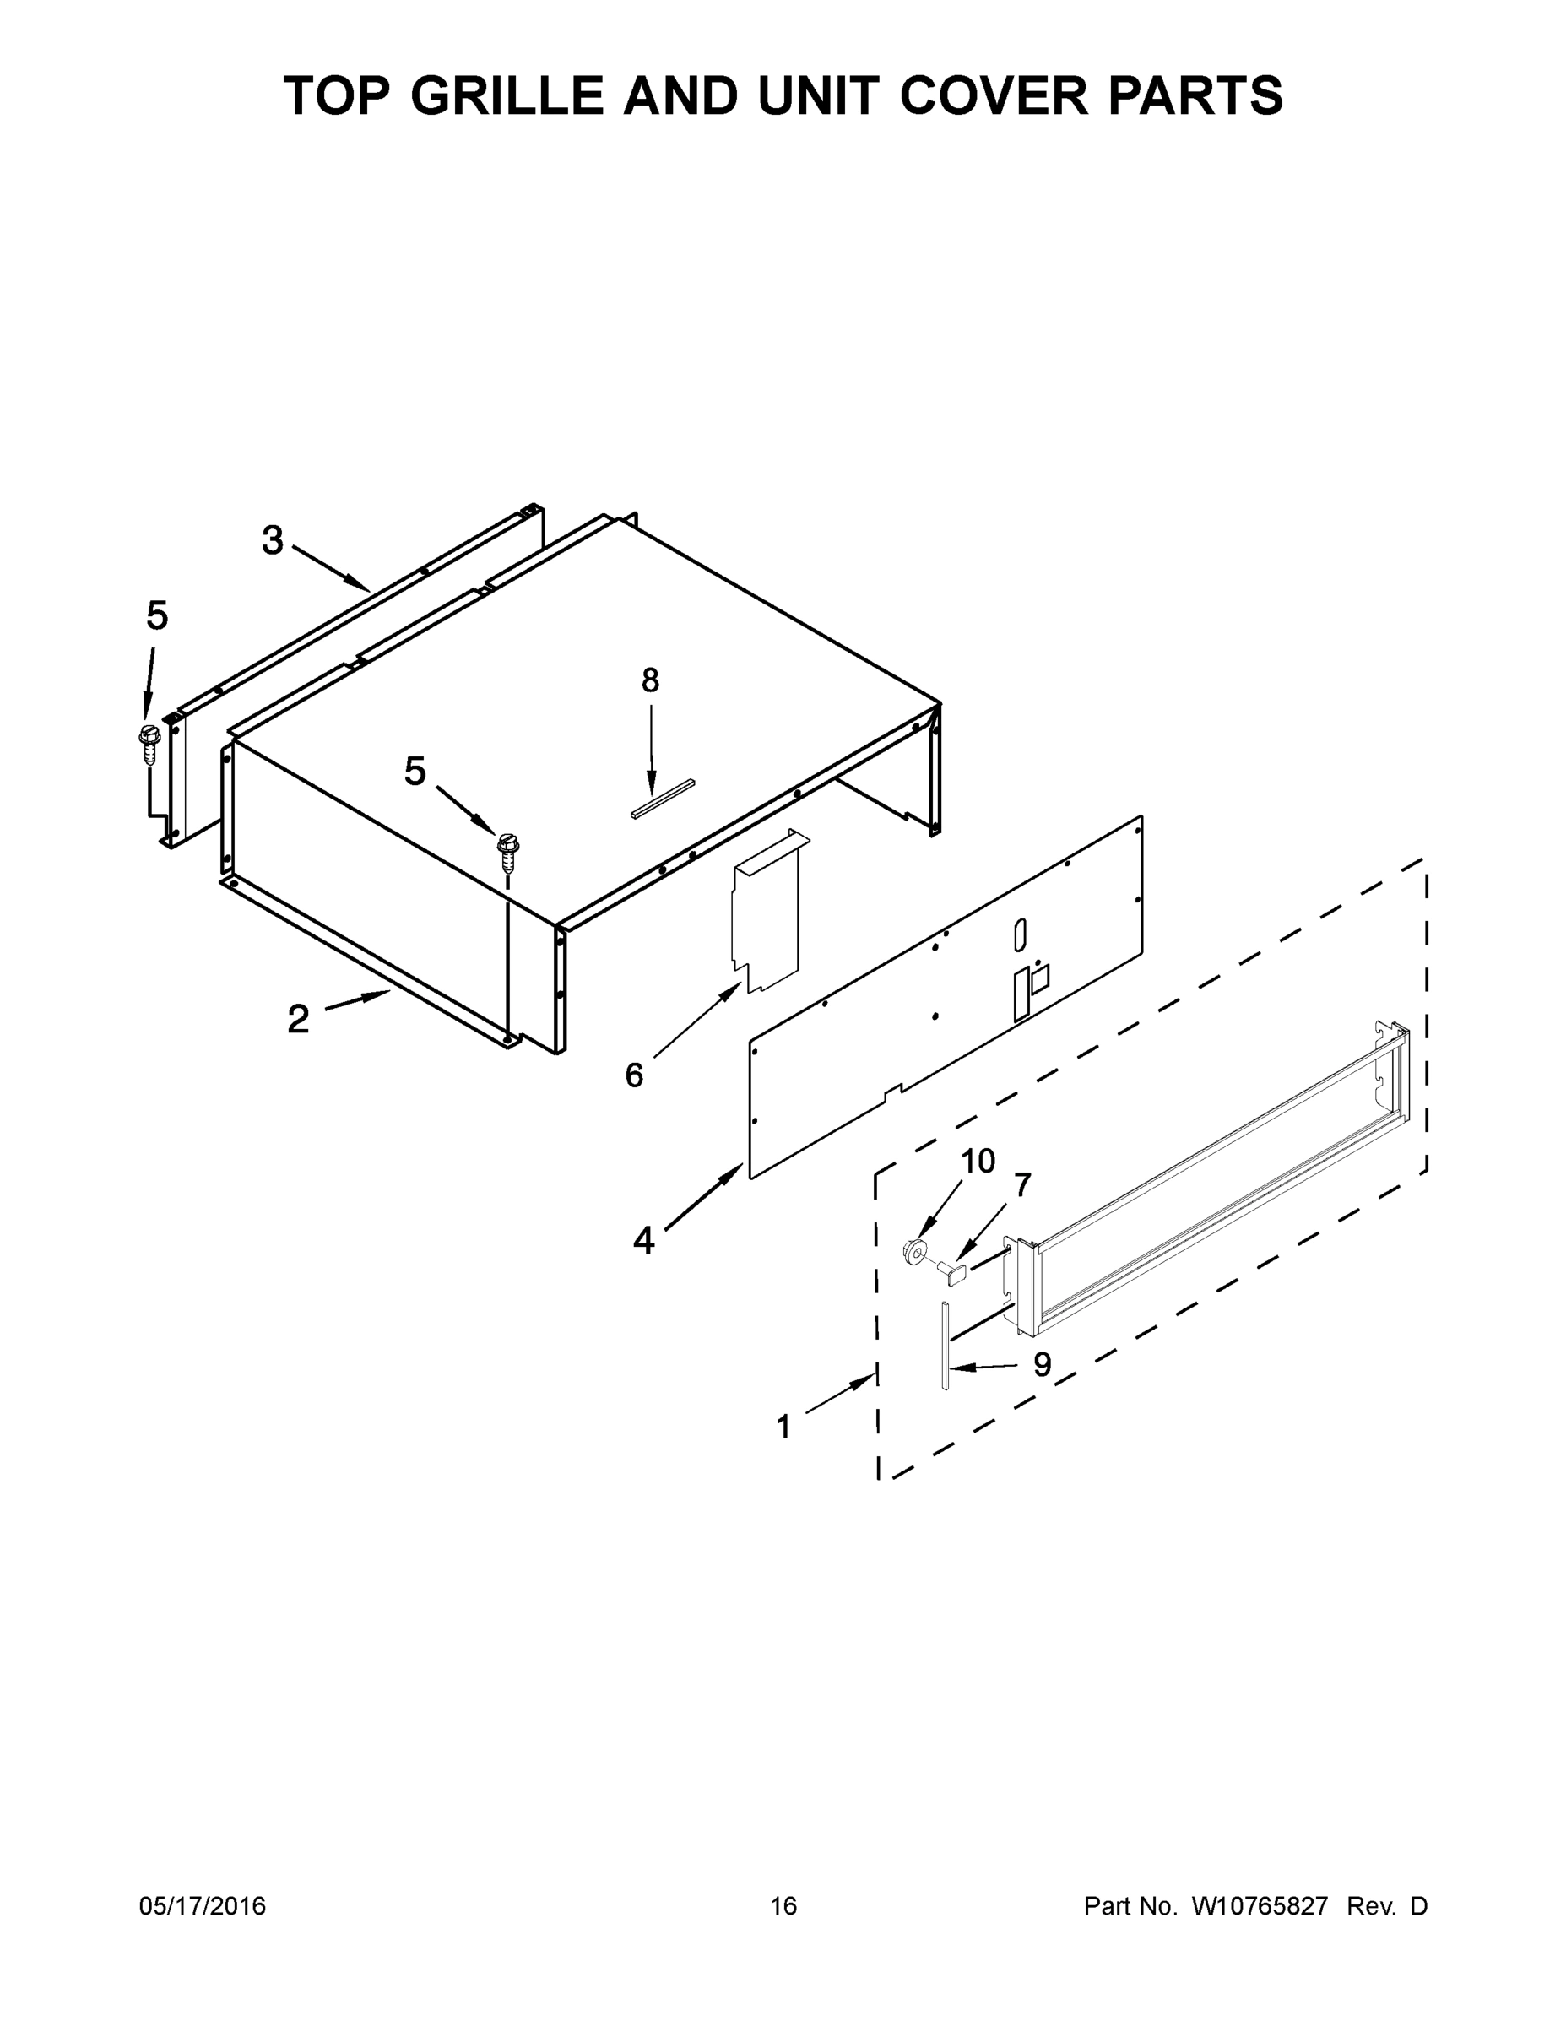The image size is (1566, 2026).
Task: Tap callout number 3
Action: coord(272,541)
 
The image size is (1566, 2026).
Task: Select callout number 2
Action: coord(298,1020)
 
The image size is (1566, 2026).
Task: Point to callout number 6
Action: coord(634,1076)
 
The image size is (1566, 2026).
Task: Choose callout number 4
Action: coord(644,1240)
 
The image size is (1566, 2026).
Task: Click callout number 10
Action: coord(978,1161)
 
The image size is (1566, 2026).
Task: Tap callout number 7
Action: coord(1022,1184)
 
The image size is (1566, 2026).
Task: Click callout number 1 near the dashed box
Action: coord(784,1427)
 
